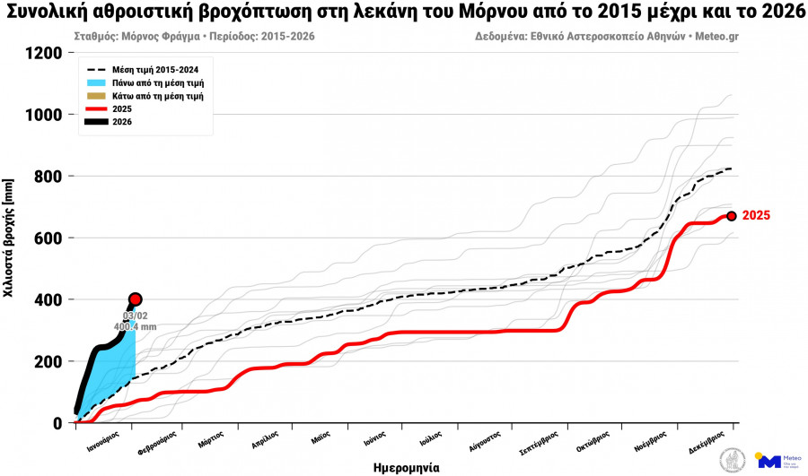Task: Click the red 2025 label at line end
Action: pos(756,216)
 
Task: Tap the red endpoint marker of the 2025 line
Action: pos(732,216)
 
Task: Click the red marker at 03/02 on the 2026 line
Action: pos(136,299)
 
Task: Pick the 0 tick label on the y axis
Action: pos(58,423)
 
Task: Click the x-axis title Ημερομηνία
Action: pos(406,467)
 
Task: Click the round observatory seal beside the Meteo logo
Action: pos(733,460)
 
